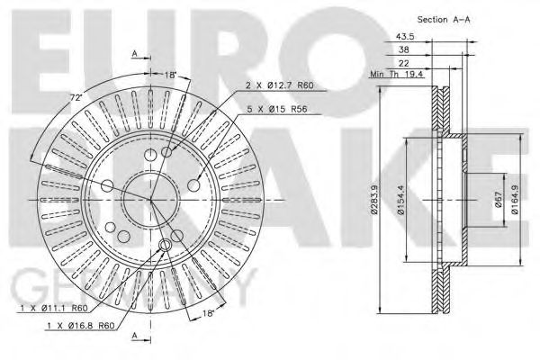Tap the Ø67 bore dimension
[498, 201]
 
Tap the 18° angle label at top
[170, 75]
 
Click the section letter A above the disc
[134, 53]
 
